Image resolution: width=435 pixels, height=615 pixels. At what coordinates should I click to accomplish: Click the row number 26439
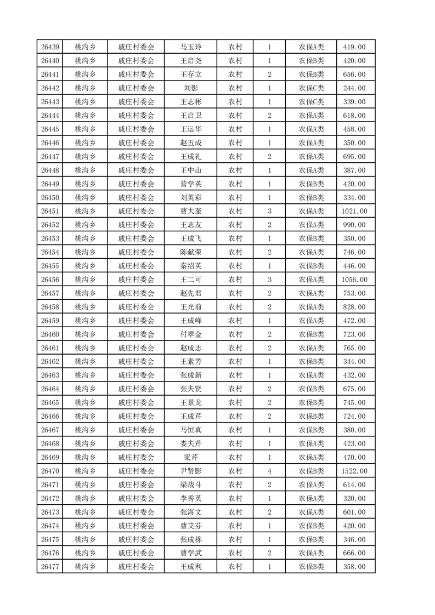[50, 47]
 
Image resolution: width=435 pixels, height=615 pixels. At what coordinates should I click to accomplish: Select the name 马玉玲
[191, 47]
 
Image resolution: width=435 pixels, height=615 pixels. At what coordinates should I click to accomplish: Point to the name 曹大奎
[191, 211]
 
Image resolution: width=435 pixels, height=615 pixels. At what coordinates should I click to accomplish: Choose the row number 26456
[50, 280]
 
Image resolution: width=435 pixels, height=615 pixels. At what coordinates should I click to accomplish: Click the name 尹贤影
[191, 471]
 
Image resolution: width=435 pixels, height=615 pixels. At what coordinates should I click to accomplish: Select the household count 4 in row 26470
[269, 471]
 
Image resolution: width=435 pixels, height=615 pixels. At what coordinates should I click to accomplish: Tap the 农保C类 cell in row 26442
[311, 88]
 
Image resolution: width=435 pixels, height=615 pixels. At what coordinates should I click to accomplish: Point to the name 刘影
[191, 88]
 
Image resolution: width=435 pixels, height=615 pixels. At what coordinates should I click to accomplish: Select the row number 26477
[50, 567]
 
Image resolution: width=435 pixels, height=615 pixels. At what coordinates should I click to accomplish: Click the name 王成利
[191, 567]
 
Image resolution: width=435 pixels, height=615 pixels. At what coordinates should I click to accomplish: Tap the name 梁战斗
[191, 485]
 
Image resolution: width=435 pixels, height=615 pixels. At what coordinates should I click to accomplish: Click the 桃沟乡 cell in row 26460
[85, 334]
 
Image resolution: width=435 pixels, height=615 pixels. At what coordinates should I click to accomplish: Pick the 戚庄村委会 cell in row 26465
[136, 402]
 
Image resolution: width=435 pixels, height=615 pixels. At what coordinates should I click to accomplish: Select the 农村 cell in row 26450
[235, 197]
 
